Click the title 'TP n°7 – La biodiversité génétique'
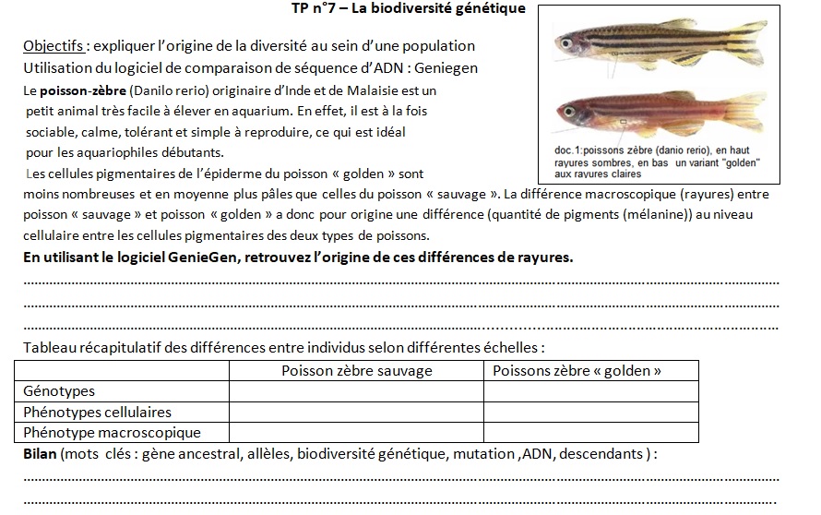pos(407,9)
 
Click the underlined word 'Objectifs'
pos(53,45)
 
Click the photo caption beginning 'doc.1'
pos(650,162)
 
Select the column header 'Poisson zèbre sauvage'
pos(356,371)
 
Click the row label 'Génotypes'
pos(59,391)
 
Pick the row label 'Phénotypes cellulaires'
pos(97,412)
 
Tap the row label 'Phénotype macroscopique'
pos(112,432)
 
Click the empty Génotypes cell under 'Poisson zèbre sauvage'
pos(356,391)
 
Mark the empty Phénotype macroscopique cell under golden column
pos(590,432)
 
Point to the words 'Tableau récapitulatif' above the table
pos(90,348)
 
